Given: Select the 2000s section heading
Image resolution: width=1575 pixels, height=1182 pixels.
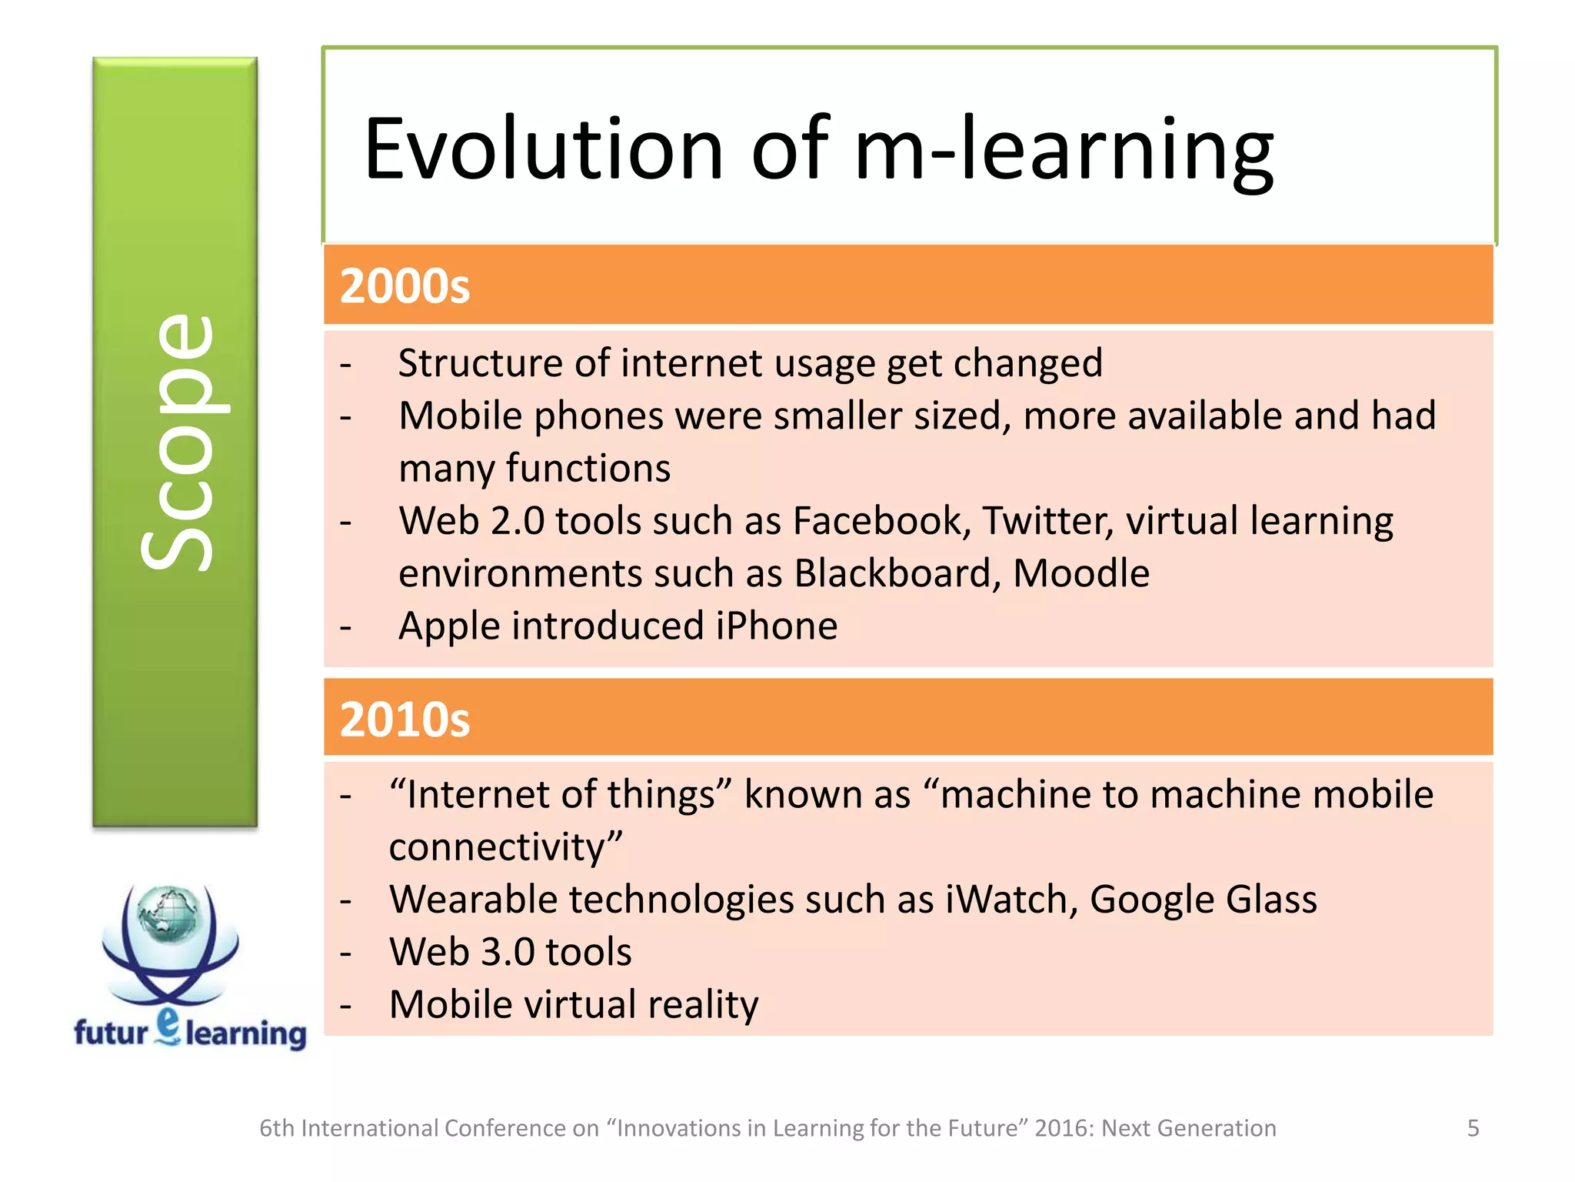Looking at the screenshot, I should (x=405, y=286).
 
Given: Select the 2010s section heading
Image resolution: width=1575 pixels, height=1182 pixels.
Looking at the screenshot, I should (x=405, y=720).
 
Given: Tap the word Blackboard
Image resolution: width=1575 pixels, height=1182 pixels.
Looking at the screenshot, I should (x=897, y=574).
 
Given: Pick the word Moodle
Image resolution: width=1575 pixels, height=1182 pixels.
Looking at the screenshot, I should (x=1081, y=574).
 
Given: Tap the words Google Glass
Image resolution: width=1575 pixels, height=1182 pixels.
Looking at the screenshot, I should (x=1203, y=900).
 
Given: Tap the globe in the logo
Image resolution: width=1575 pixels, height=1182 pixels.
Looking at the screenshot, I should (x=168, y=914).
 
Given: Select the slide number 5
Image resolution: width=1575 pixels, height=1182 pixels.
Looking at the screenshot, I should (x=1473, y=1128).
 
